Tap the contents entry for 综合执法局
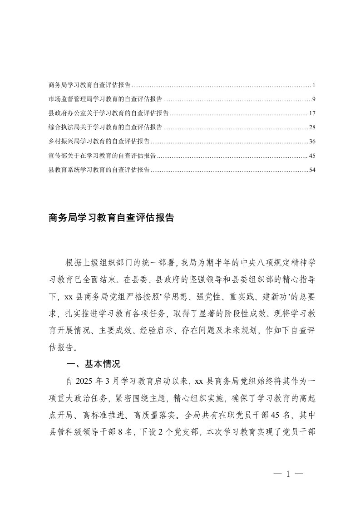106,127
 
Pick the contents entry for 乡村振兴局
99,142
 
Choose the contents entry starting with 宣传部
103,156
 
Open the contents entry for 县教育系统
99,170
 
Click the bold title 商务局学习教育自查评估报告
111,218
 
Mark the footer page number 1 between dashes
288,475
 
